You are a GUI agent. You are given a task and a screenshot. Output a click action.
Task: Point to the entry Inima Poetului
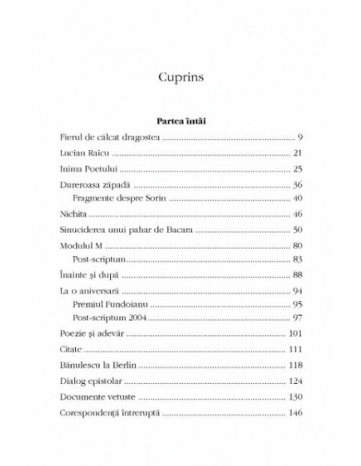point(89,169)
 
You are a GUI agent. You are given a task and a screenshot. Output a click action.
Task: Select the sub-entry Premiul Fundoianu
point(112,305)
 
